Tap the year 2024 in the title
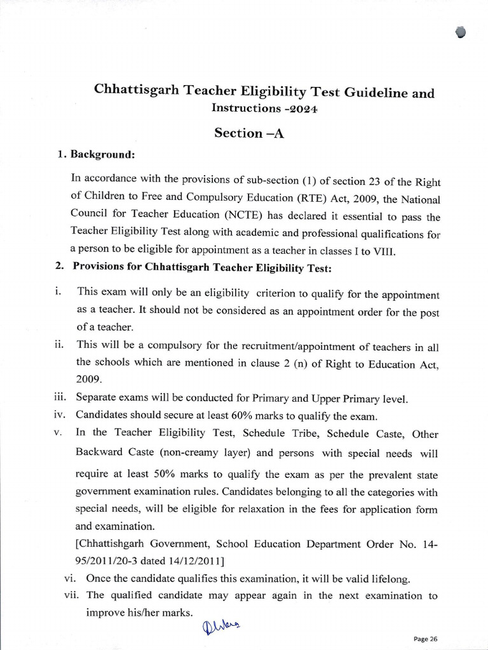click(301, 109)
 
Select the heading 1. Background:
click(96, 154)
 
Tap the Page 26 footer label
click(425, 639)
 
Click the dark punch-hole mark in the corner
click(461, 33)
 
